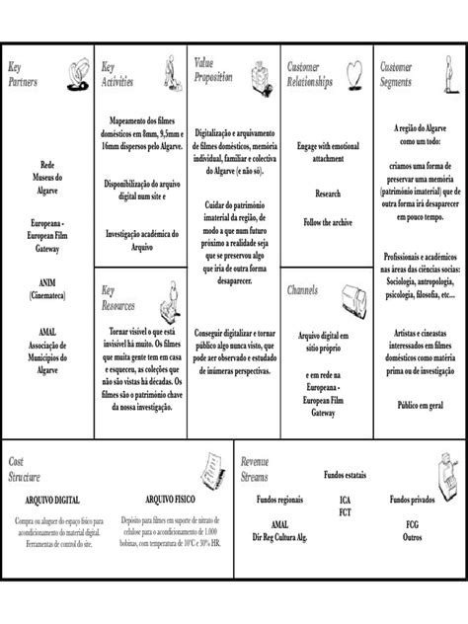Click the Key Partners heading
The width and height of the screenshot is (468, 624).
pos(23,74)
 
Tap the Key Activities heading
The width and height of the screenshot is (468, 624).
pos(117,74)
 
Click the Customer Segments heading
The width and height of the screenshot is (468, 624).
pos(396,74)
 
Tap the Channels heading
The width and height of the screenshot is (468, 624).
pos(302,291)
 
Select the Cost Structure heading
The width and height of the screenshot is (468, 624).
pos(25,469)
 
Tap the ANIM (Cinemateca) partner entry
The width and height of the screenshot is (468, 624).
pos(46,287)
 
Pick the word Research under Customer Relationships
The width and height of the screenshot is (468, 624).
pos(328,194)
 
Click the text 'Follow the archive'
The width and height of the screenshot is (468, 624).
pos(328,223)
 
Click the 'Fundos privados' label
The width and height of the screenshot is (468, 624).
pos(414,500)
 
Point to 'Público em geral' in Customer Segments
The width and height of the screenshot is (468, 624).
pos(421,405)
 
